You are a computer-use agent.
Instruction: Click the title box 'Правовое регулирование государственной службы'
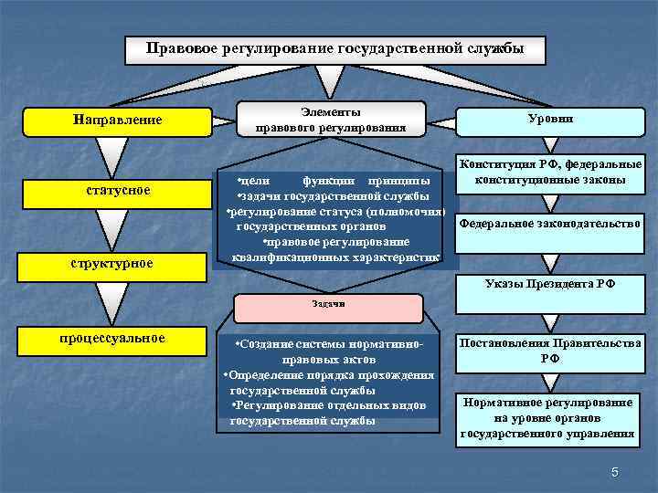pos(335,49)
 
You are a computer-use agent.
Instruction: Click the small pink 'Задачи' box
pos(327,303)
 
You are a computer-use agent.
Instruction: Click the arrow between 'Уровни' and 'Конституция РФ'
pos(549,143)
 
